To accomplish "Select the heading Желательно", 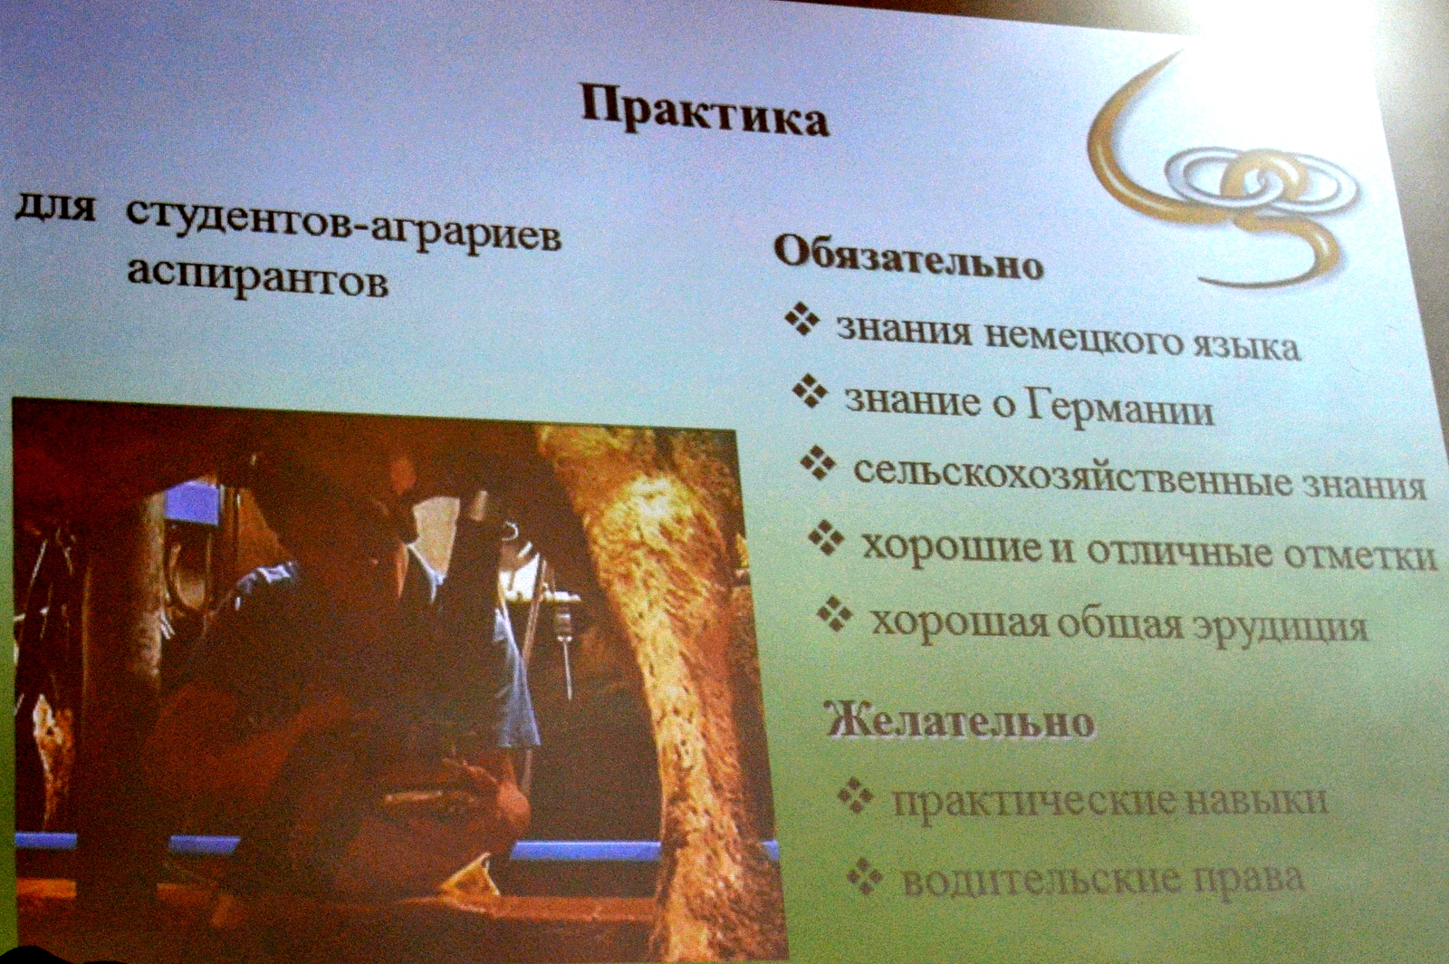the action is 960,721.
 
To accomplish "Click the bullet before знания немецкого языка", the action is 802,318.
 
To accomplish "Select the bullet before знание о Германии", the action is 810,390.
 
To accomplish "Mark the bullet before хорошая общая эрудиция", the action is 834,613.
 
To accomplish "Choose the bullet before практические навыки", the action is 856,795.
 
